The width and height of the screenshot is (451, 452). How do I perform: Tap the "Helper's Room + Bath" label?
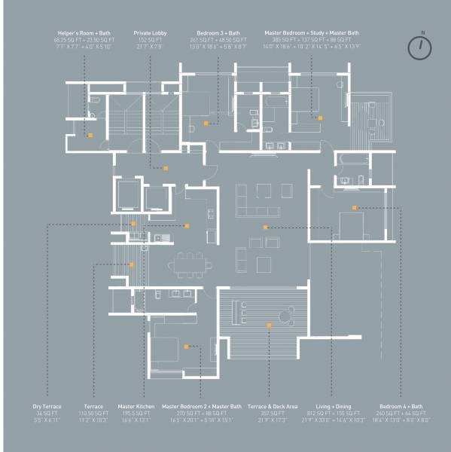[x=84, y=33]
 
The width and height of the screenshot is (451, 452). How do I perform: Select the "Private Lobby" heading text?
[x=151, y=33]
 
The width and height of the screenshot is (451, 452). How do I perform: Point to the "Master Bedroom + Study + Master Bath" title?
[x=312, y=33]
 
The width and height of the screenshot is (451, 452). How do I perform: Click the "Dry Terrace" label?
[x=47, y=407]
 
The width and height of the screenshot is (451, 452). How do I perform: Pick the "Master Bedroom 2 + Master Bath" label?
[x=202, y=407]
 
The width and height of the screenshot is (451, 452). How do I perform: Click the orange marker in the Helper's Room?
[x=90, y=136]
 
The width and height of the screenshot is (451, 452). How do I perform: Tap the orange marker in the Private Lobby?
[x=166, y=168]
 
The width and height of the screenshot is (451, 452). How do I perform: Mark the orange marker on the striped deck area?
[x=269, y=325]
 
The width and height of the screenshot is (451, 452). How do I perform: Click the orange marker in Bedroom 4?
[x=353, y=207]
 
